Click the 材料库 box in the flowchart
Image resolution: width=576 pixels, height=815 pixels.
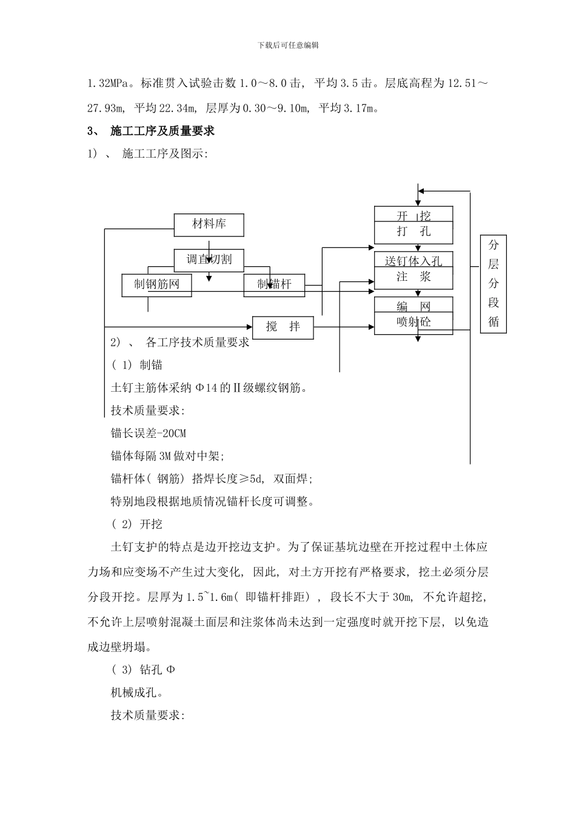[209, 225]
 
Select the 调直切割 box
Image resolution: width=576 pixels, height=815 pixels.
[209, 260]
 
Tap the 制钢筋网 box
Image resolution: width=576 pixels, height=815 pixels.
[156, 284]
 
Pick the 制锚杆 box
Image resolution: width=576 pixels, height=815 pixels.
[274, 284]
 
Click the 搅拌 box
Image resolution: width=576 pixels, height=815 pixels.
[283, 327]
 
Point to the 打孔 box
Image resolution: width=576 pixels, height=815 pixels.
[414, 232]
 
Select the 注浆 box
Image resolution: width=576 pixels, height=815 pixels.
[414, 277]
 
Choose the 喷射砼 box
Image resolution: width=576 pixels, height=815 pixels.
[414, 322]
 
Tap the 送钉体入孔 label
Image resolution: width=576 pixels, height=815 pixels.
[414, 261]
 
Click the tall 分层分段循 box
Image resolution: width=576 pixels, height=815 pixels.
[494, 284]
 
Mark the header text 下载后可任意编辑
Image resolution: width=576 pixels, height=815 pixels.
[288, 45]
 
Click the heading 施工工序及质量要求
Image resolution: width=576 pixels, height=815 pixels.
[162, 131]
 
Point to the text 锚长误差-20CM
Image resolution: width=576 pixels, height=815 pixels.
[148, 433]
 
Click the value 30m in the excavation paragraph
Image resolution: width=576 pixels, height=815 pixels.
[401, 597]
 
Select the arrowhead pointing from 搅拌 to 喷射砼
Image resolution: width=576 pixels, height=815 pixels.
[370, 327]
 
